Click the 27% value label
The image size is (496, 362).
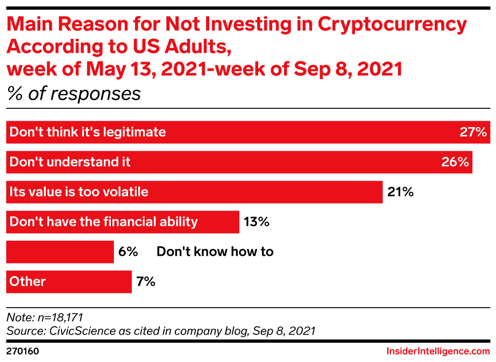pyautogui.click(x=473, y=132)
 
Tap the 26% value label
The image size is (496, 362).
pyautogui.click(x=455, y=162)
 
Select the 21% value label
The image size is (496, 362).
pyautogui.click(x=400, y=192)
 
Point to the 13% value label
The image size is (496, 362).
pyautogui.click(x=256, y=221)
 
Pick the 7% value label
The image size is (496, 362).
pyautogui.click(x=145, y=281)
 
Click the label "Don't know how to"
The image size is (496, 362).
pyautogui.click(x=215, y=252)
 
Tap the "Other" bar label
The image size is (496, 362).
pyautogui.click(x=28, y=281)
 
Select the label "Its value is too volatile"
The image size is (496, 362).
pyautogui.click(x=79, y=192)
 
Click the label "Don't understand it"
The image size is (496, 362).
pyautogui.click(x=70, y=162)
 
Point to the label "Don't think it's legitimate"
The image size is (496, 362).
pyautogui.click(x=88, y=132)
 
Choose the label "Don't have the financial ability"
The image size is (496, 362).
pyautogui.click(x=104, y=221)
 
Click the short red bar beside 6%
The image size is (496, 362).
pyautogui.click(x=60, y=252)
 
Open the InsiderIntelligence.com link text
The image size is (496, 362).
pyautogui.click(x=435, y=351)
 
